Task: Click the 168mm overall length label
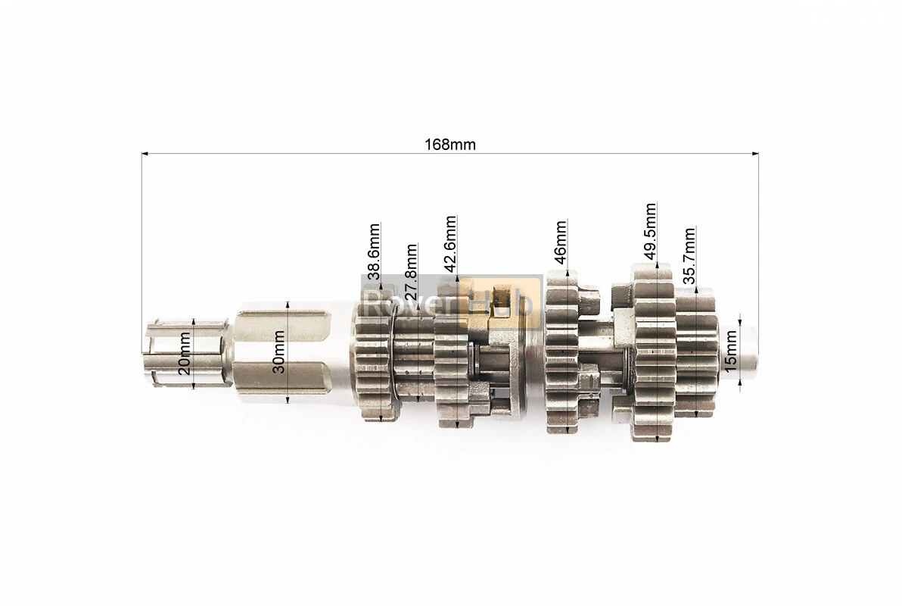(x=450, y=144)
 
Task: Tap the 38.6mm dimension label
(x=374, y=251)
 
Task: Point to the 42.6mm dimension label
(x=451, y=243)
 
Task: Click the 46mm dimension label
(x=560, y=242)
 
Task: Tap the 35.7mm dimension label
(x=689, y=256)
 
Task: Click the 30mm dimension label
(x=278, y=351)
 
